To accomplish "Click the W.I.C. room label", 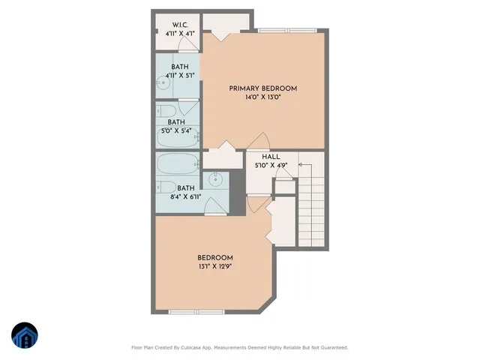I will click(x=178, y=25).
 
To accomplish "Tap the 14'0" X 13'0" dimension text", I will click(x=263, y=97).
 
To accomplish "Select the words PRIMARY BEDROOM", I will click(x=263, y=88).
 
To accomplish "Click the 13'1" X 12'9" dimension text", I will click(x=215, y=265).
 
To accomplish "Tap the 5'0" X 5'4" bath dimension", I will click(x=176, y=131).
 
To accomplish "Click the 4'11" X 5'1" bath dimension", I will click(x=179, y=75).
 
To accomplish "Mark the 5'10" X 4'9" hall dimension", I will click(x=272, y=165).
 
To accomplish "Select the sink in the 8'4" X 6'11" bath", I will click(x=216, y=179).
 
